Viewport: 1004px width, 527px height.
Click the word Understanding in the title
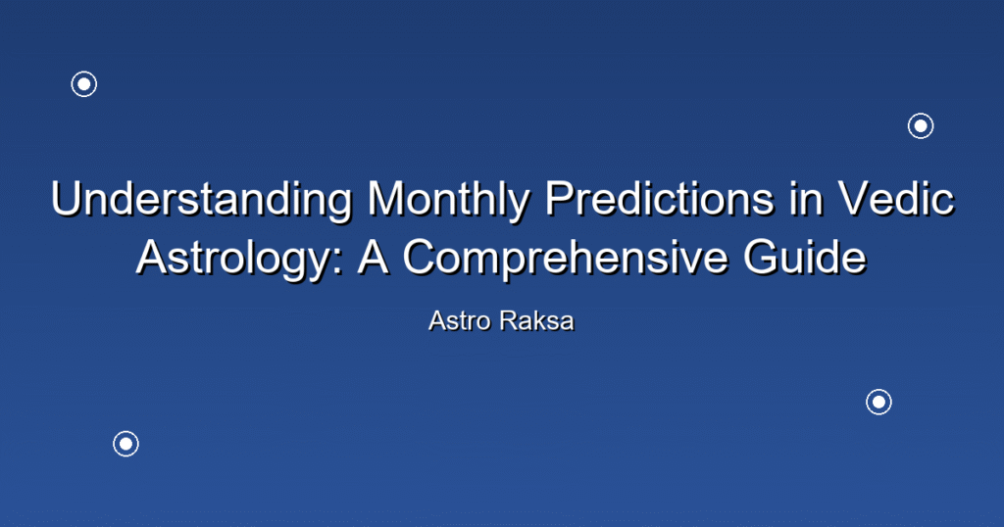tap(202, 199)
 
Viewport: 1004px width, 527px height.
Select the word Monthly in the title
tap(448, 199)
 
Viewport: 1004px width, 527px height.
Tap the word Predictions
tap(660, 199)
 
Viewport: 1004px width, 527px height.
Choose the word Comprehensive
tap(565, 258)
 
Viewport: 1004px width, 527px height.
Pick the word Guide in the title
tap(805, 258)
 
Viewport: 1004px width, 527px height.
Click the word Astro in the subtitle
tap(460, 321)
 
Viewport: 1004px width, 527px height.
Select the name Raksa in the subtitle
tap(537, 321)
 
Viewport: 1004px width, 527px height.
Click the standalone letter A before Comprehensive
tap(373, 258)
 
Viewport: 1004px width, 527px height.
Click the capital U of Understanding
tap(68, 199)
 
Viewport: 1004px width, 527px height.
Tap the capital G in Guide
tap(762, 258)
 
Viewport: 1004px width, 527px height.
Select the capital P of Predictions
tap(561, 199)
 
